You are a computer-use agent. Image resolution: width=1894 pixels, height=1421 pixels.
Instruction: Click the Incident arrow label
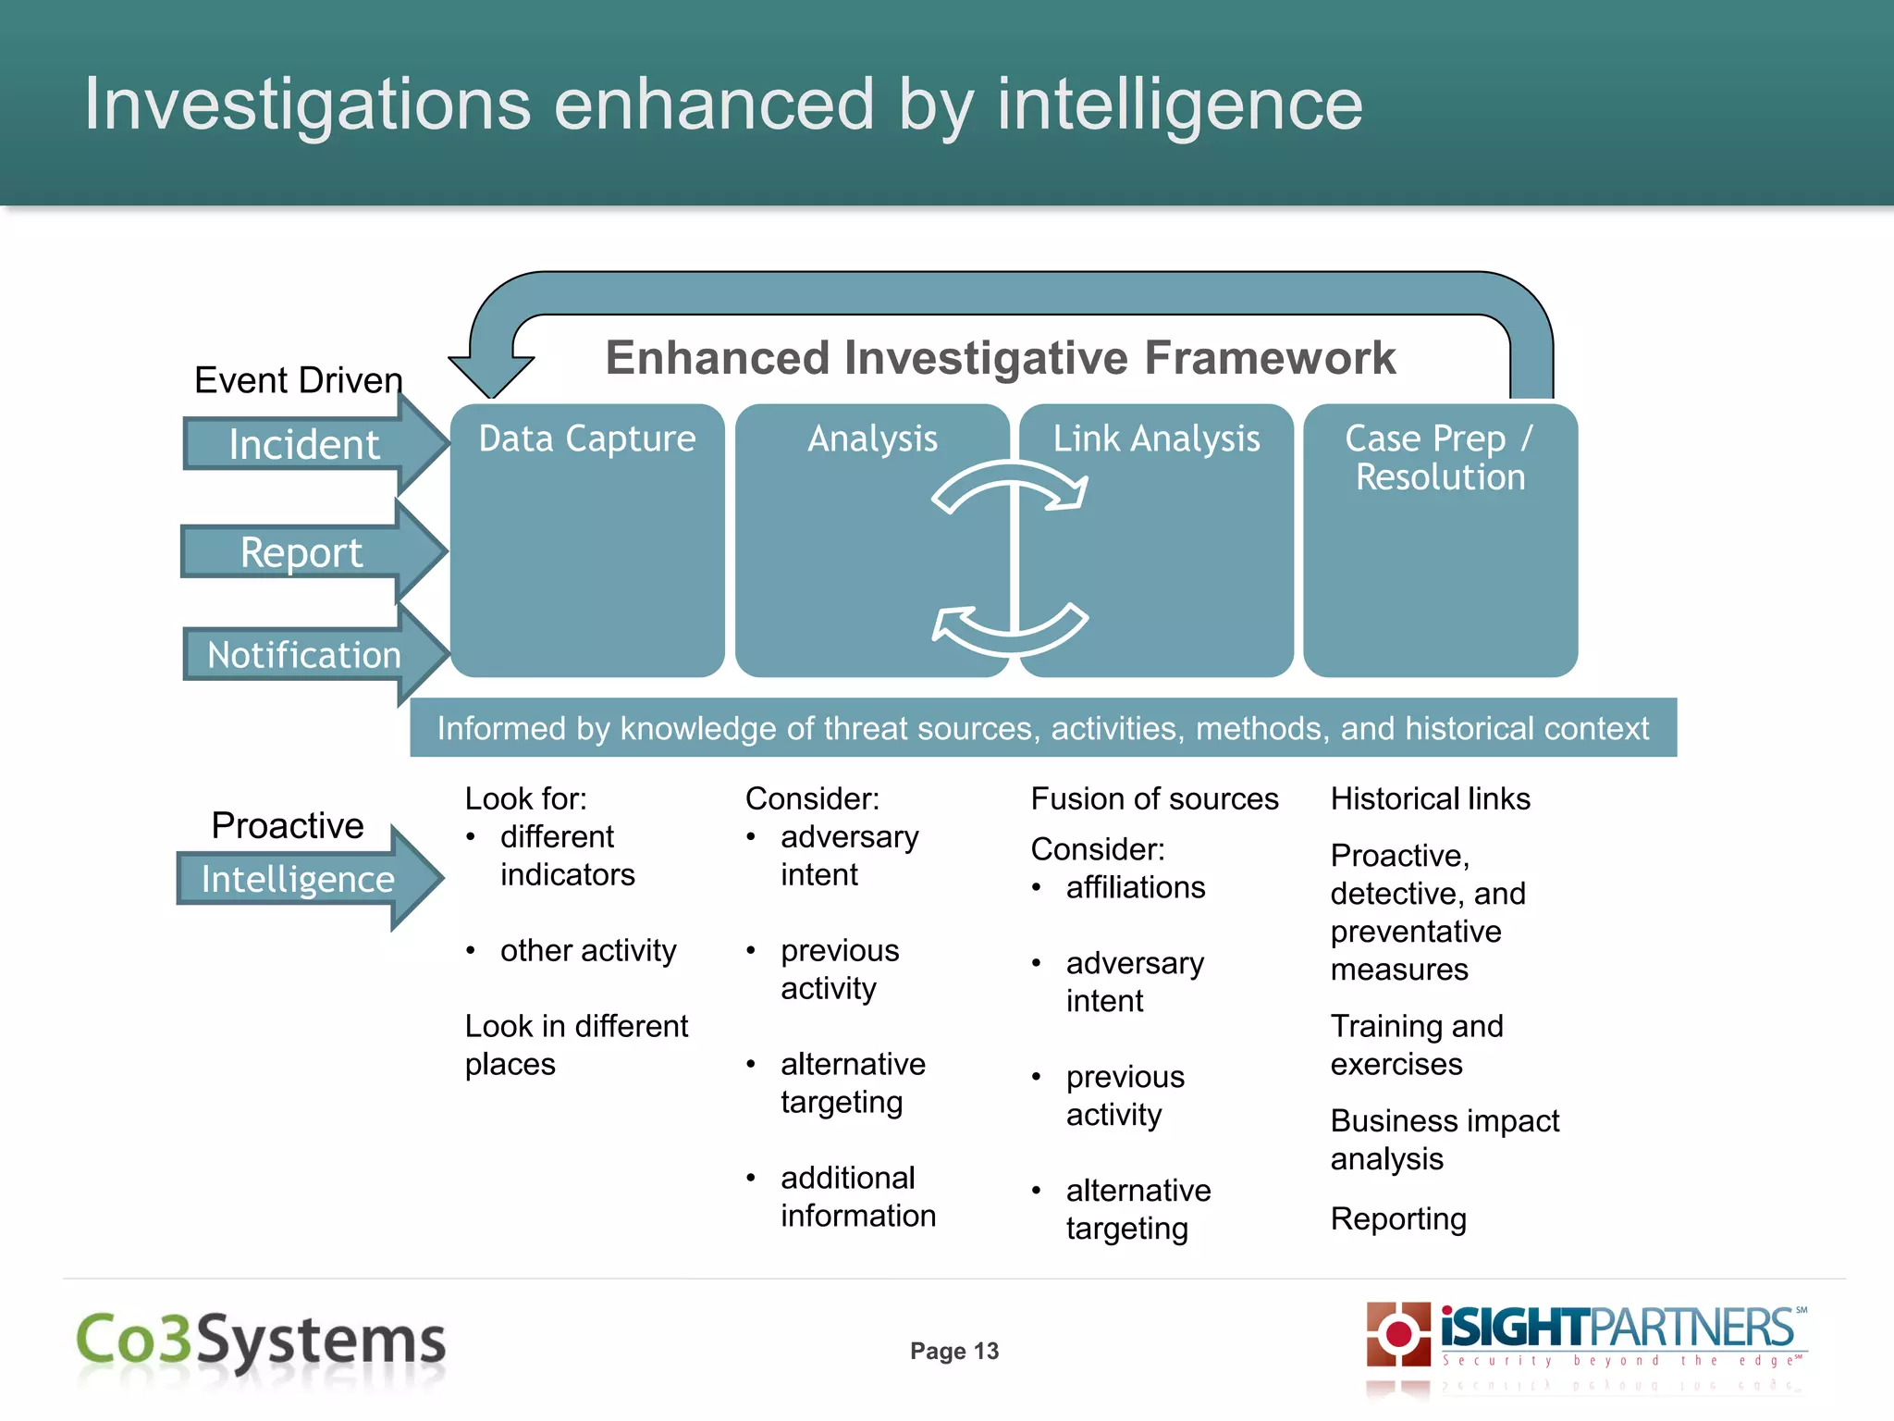[x=303, y=445]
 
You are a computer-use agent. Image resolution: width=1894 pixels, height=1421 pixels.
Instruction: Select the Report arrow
[x=301, y=552]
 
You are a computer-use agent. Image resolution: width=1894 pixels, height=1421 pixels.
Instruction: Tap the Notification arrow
[x=303, y=655]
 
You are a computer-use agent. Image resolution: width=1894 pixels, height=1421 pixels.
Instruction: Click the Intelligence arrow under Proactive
[x=298, y=879]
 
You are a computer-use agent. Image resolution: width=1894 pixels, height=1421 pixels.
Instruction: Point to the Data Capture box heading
[x=587, y=439]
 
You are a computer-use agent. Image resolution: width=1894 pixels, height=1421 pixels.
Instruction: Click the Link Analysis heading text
[x=1156, y=439]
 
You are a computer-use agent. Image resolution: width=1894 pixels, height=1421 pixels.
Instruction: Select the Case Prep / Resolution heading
[x=1440, y=458]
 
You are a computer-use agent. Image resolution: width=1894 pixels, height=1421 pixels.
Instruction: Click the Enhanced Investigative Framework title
[x=1000, y=358]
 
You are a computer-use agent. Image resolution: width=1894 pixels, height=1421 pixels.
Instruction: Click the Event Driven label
[x=298, y=380]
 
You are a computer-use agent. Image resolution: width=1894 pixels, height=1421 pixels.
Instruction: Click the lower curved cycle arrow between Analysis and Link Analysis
[x=1010, y=629]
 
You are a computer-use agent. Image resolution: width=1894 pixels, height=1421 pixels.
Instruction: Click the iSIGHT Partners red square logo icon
[x=1398, y=1333]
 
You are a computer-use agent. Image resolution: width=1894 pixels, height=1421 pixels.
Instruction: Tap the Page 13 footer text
[x=954, y=1351]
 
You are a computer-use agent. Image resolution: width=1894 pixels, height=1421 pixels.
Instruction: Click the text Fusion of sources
[x=1154, y=798]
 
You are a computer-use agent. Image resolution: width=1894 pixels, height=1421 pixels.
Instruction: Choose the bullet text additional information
[x=857, y=1197]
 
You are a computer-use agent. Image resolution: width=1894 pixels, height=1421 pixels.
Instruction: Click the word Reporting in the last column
[x=1398, y=1219]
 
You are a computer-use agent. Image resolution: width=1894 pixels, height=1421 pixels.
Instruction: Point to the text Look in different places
[x=575, y=1045]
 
